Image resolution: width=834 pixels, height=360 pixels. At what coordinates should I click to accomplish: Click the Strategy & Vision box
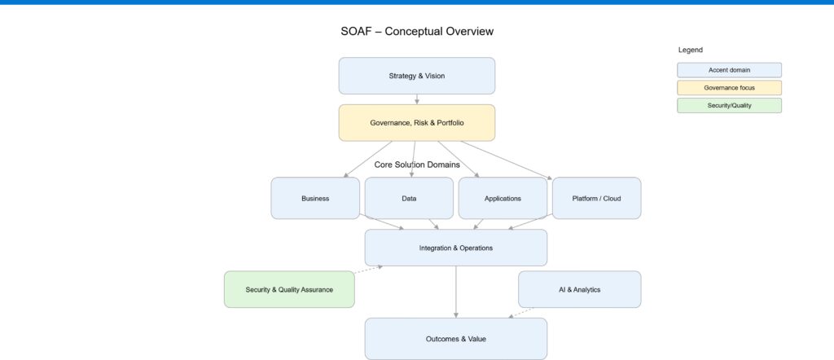(x=416, y=76)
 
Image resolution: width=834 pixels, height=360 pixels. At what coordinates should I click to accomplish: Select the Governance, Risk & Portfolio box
(x=416, y=122)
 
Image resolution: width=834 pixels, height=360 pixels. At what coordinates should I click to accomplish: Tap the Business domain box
(x=315, y=198)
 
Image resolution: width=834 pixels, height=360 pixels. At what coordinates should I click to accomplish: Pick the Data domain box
(x=409, y=198)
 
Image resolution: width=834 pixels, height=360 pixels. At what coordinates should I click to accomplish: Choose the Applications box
(x=503, y=198)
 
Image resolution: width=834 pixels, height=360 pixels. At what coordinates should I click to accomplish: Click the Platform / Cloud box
(x=596, y=198)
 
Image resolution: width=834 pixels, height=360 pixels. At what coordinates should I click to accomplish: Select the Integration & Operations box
(x=455, y=248)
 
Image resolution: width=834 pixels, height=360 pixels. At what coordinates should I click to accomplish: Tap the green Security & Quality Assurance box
(x=289, y=289)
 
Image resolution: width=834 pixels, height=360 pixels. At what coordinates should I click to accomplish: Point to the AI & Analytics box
(x=579, y=289)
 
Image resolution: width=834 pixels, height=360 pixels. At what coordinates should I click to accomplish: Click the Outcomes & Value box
(x=455, y=338)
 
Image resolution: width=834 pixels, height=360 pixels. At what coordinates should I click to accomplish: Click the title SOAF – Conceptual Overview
(x=417, y=32)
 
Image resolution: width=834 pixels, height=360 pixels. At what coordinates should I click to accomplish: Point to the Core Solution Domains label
(x=417, y=165)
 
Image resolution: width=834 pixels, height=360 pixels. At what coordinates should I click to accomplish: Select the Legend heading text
(x=690, y=50)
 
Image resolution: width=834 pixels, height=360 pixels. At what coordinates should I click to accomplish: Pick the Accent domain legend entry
(x=729, y=70)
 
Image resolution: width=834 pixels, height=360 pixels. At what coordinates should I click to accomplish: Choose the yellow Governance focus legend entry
(x=729, y=87)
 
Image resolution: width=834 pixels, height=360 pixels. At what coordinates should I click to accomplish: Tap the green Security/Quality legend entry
(x=729, y=105)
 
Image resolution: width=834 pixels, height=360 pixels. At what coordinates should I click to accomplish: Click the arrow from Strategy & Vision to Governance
(x=417, y=99)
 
